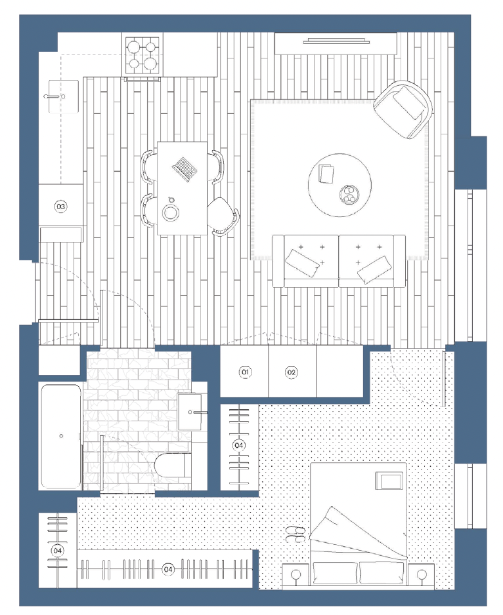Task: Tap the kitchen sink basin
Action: pyautogui.click(x=63, y=96)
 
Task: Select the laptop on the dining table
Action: pyautogui.click(x=185, y=169)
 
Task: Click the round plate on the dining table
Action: pyautogui.click(x=171, y=213)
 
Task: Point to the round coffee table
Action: pyautogui.click(x=340, y=185)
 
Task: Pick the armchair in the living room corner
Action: pyautogui.click(x=403, y=109)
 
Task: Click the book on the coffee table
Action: pyautogui.click(x=326, y=174)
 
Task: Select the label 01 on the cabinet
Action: pyautogui.click(x=245, y=372)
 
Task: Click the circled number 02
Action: pyautogui.click(x=291, y=372)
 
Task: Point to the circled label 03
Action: pyautogui.click(x=61, y=207)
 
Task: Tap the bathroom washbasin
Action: pyautogui.click(x=190, y=412)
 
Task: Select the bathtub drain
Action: pyautogui.click(x=61, y=436)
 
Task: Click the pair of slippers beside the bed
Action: pyautogui.click(x=295, y=534)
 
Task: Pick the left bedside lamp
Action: pyautogui.click(x=296, y=575)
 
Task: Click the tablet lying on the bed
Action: pyautogui.click(x=389, y=481)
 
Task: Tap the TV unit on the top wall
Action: pyautogui.click(x=336, y=43)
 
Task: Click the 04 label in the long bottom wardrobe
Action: pyautogui.click(x=168, y=568)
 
